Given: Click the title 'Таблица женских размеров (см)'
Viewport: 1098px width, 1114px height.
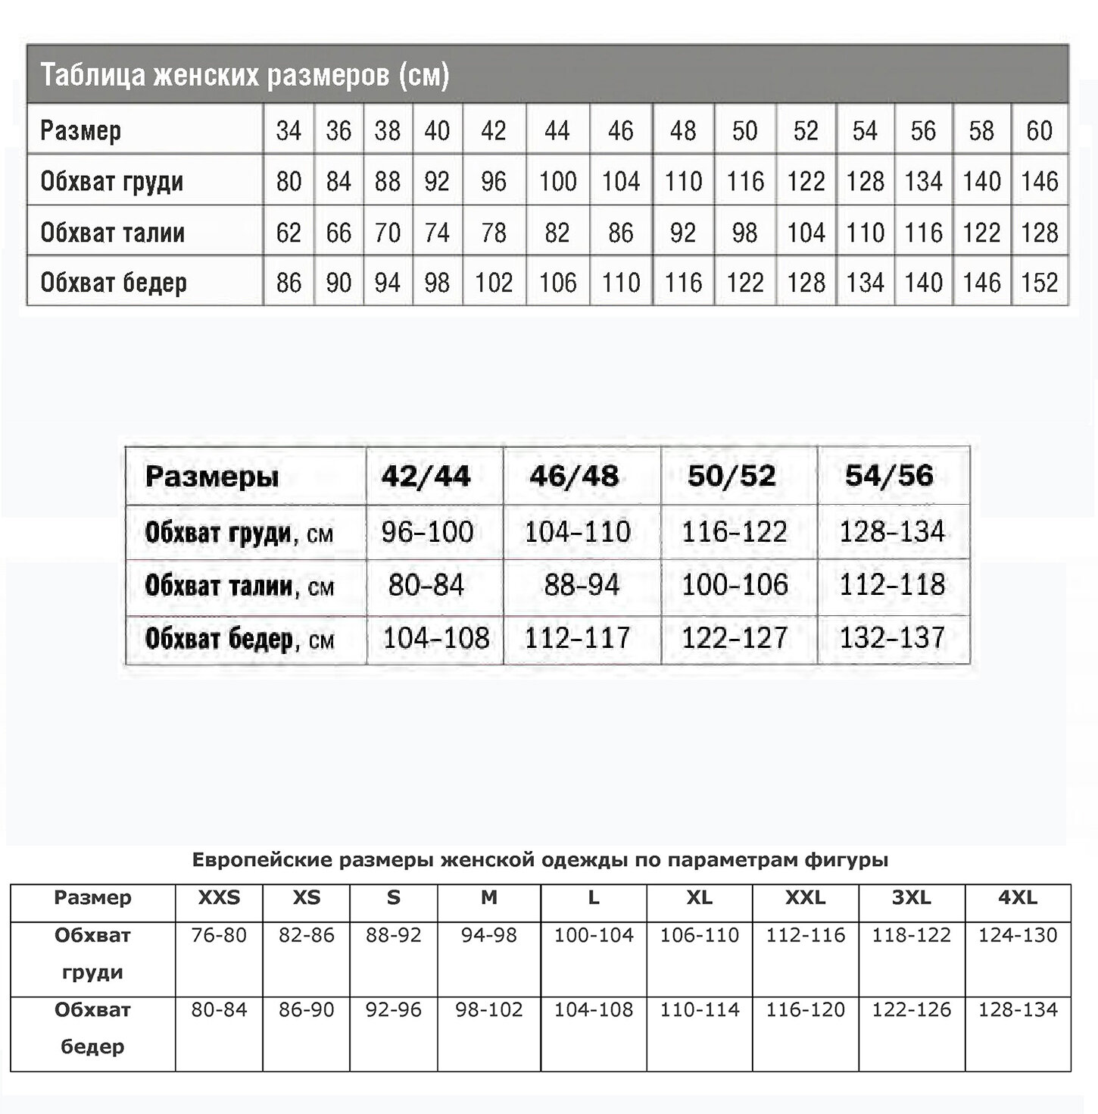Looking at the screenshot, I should (x=245, y=75).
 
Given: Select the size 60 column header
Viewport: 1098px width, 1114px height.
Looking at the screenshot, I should (x=1039, y=131).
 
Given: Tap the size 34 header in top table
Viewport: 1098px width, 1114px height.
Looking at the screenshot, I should (x=289, y=131).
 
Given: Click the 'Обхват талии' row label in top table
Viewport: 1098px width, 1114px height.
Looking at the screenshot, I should (x=113, y=233).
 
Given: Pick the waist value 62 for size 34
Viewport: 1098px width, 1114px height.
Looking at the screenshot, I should (x=289, y=233).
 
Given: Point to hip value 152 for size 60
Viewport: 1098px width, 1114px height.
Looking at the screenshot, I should (x=1039, y=283).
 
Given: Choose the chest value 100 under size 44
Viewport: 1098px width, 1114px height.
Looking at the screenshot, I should (x=557, y=182).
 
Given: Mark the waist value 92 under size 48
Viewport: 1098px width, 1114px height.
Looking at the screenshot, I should (x=683, y=233).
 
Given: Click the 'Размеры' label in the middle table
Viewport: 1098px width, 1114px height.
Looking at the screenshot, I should (x=212, y=477).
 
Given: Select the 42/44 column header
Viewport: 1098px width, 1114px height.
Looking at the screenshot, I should (x=426, y=476).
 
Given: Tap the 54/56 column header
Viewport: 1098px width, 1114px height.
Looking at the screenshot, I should (x=890, y=476).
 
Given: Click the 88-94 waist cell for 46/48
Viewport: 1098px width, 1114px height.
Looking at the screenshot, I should (x=582, y=584).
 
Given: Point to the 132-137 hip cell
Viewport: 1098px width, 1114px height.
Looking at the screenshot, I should (x=892, y=638).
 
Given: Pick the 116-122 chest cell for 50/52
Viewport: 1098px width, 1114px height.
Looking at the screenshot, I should (x=735, y=532).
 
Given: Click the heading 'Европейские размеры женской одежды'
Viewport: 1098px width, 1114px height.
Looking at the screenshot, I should (x=540, y=860).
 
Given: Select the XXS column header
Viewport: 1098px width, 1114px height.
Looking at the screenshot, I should (x=219, y=898).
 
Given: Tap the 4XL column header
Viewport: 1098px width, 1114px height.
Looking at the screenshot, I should (x=1018, y=898).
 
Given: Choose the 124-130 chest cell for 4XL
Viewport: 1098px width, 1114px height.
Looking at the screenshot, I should (x=1018, y=935).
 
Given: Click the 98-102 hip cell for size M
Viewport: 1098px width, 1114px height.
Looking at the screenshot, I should (x=489, y=1009).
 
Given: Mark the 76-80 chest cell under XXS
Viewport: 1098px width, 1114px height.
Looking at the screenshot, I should (x=219, y=935).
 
